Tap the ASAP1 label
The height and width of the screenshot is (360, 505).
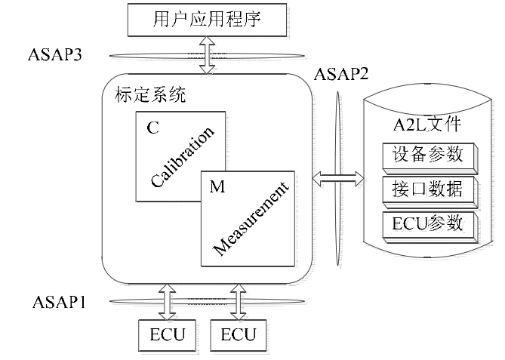59,303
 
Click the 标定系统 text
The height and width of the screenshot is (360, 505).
149,95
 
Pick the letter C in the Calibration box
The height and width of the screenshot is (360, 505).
152,128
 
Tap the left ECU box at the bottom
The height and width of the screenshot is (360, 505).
165,334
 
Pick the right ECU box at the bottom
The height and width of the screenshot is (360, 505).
238,334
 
